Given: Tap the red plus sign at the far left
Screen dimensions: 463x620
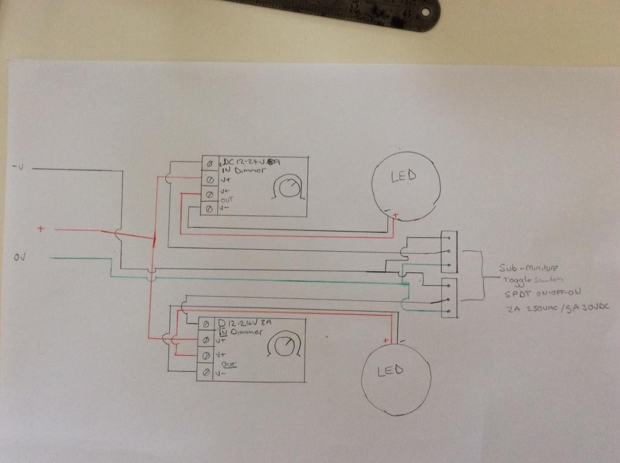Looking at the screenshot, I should point(41,229).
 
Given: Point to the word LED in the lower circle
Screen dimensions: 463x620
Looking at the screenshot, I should point(390,370).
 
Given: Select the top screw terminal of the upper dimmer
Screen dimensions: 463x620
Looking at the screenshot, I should point(210,163).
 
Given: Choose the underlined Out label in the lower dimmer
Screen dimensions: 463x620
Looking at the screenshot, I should point(229,364).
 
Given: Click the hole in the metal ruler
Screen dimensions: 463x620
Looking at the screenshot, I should point(426,11).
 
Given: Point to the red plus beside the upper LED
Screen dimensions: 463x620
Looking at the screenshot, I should point(395,215).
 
